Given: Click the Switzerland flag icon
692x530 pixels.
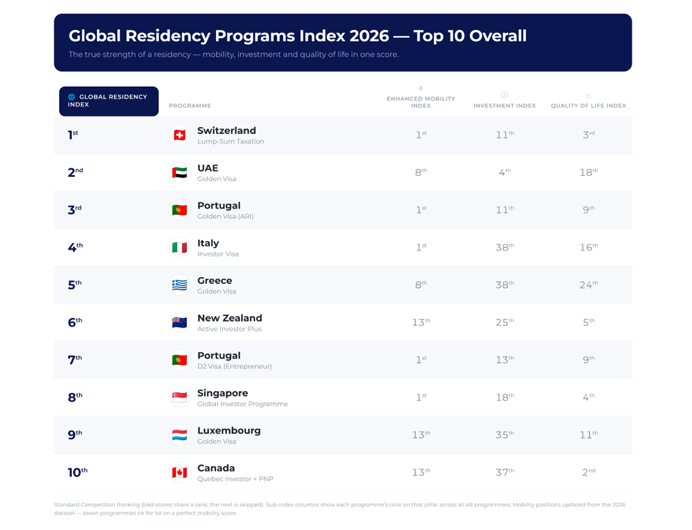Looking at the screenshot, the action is [179, 136].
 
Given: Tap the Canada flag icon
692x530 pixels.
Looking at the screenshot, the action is [179, 473].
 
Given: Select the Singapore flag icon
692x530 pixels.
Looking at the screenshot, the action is [179, 398].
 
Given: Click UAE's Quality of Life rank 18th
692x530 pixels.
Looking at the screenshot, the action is [589, 172].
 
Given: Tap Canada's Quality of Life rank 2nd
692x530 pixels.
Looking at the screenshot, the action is [589, 472].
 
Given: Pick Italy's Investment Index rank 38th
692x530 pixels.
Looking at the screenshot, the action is [505, 247].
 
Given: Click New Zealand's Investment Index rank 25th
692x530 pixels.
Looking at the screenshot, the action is [505, 322].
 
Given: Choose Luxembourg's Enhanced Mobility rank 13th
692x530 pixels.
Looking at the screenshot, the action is [421, 435].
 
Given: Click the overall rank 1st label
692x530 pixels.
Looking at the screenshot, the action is [73, 134].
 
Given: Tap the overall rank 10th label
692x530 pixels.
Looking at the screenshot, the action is [78, 472].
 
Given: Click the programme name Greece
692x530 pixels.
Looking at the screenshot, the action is [214, 281].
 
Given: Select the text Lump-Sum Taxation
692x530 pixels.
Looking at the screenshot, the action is [231, 142].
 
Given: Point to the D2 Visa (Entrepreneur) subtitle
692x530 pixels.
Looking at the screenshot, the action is [234, 367].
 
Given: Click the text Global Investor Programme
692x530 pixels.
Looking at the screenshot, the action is [242, 404].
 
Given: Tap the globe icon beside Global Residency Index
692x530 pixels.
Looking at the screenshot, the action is [71, 97].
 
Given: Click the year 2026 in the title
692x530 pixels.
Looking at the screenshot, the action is [369, 36].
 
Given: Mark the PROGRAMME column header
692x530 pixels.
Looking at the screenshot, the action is [190, 106].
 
